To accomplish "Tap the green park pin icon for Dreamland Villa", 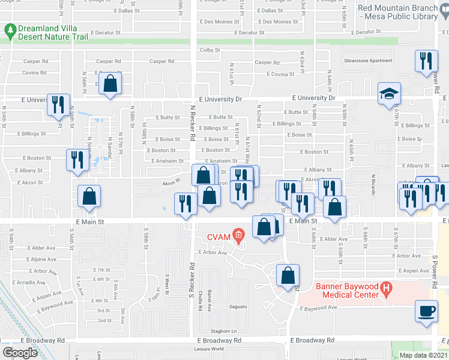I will click(10, 29).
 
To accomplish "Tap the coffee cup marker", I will click(427, 311).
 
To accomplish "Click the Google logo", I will click(20, 353).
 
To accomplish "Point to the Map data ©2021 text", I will click(423, 355).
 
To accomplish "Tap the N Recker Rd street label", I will click(193, 129).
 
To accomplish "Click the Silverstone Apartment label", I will click(367, 61).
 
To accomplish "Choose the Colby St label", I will click(211, 50).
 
